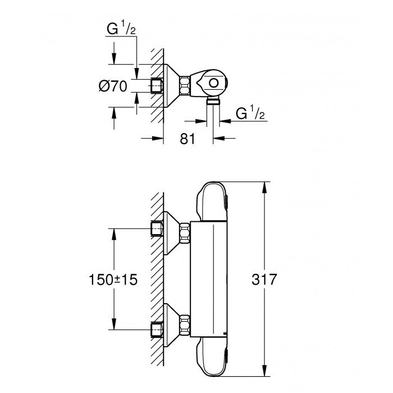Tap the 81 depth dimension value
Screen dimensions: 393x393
[188, 139]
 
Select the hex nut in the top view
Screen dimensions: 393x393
[184, 85]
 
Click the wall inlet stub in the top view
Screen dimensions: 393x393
[157, 85]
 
